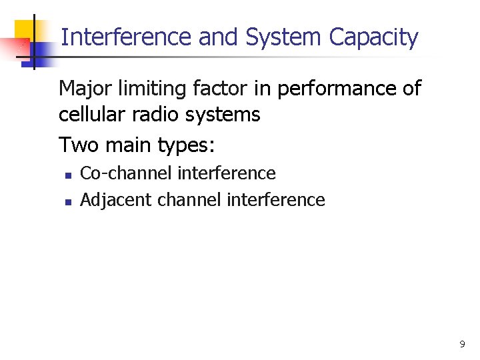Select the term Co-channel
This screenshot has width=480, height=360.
pos(126,173)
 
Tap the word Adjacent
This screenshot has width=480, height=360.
pos(110,200)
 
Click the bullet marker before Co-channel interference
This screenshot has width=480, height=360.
pos(67,175)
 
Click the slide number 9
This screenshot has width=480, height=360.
pos(462,345)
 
